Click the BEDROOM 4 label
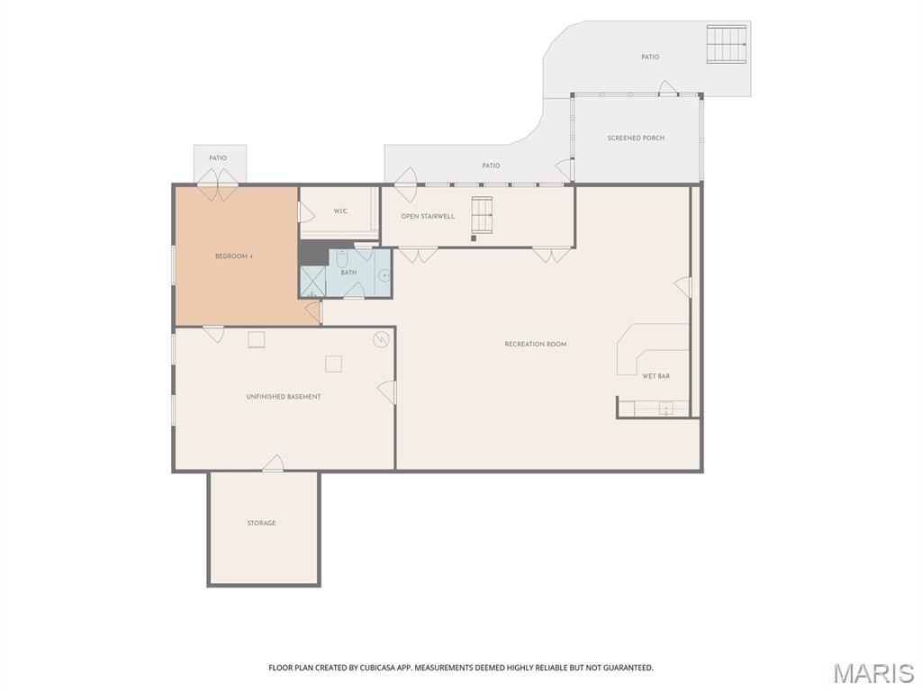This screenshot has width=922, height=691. coord(233,256)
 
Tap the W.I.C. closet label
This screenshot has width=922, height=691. coord(340,211)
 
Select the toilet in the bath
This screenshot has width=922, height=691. coord(342,258)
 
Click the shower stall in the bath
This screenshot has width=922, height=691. coord(312,282)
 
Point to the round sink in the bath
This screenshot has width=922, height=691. coord(384,274)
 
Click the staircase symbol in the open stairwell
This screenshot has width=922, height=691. coord(483,215)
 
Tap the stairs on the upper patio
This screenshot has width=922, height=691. coord(727,44)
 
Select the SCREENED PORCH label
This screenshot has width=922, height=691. coord(636,138)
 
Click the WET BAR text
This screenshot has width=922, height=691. coord(655,376)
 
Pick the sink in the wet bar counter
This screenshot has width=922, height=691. coord(665,408)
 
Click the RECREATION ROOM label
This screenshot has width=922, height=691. coord(536,345)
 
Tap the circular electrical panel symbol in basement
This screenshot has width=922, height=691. coord(381,339)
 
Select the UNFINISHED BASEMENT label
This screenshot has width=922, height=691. coord(284,397)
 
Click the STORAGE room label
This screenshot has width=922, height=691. coord(261,523)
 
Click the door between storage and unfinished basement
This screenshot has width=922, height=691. coord(273,463)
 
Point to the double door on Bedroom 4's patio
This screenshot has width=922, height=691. coord(217,184)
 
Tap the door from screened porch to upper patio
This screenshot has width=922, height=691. coord(668,88)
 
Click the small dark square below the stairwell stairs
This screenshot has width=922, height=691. coord(474,238)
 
